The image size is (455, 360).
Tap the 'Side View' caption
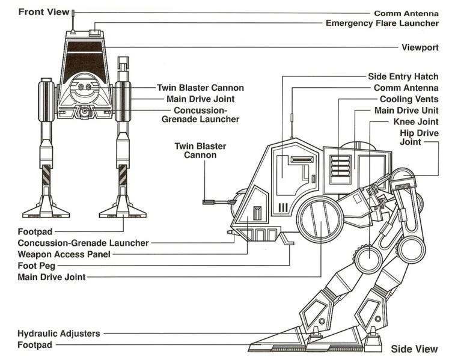tap(414, 349)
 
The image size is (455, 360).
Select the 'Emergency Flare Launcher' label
tap(382, 23)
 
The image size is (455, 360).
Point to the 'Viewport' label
tap(420, 47)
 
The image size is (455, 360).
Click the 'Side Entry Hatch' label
tap(403, 77)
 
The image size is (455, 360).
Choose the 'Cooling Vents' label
tap(409, 99)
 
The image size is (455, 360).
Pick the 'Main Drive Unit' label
tap(406, 111)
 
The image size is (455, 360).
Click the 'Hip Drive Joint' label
tap(419, 137)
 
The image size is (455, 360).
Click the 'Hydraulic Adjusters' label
tap(59, 333)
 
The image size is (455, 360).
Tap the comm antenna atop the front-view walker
tap(73, 21)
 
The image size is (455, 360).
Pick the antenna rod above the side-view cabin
tap(291, 125)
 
